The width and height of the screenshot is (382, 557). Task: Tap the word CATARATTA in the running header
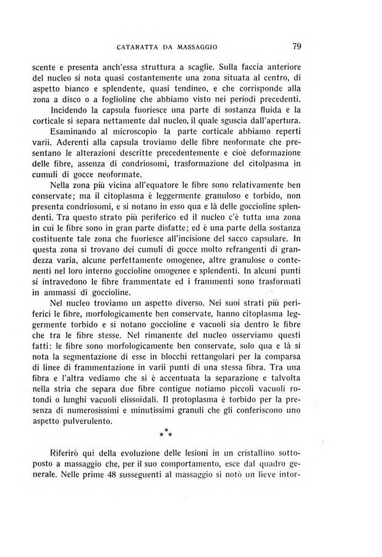point(137,46)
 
